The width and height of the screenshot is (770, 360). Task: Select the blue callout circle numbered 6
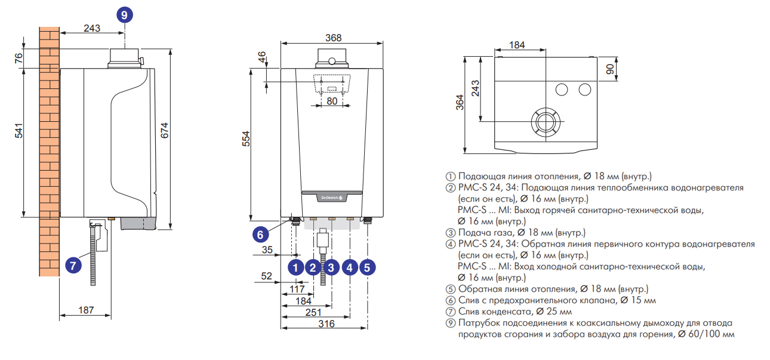pyautogui.click(x=260, y=235)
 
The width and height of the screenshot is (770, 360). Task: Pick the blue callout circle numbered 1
pyautogui.click(x=295, y=267)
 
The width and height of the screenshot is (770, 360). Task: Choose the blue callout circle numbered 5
pyautogui.click(x=368, y=267)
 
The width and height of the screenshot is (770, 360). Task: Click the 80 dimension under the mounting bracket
pyautogui.click(x=331, y=101)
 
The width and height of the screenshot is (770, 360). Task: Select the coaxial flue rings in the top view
pyautogui.click(x=546, y=121)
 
